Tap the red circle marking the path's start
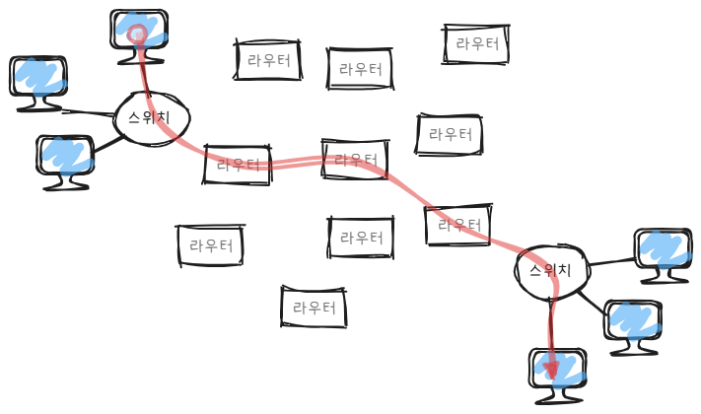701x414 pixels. click(137, 34)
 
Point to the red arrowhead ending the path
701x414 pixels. click(551, 370)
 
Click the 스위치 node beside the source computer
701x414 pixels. click(151, 118)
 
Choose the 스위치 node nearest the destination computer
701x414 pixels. click(551, 271)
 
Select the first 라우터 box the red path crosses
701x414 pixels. click(238, 164)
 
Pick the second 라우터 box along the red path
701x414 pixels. click(355, 159)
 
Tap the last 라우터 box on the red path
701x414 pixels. click(458, 225)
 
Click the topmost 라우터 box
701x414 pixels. click(476, 43)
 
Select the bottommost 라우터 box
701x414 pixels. click(314, 308)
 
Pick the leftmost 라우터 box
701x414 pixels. click(210, 245)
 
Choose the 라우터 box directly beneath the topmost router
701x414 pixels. click(450, 134)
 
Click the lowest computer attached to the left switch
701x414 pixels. click(65, 161)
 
